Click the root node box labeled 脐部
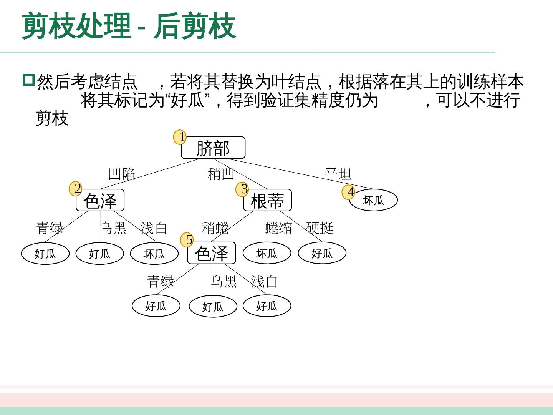[x=213, y=148]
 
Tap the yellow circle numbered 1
[x=180, y=137]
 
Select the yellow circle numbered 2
[x=76, y=189]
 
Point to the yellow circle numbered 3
[x=242, y=189]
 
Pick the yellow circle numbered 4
[x=349, y=192]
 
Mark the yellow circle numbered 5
[x=187, y=240]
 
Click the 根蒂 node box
[x=267, y=201]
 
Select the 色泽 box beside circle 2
[x=100, y=201]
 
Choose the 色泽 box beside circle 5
[x=211, y=253]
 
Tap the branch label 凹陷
[x=122, y=174]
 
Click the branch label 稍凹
[x=221, y=174]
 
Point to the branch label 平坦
[x=338, y=174]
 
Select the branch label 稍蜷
[x=215, y=228]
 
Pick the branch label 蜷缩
[x=279, y=228]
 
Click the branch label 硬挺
[x=320, y=228]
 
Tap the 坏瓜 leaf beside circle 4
[x=373, y=200]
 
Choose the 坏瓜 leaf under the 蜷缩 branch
[x=267, y=253]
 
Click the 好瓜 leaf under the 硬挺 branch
[x=322, y=253]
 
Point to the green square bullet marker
[x=28, y=80]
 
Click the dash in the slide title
[x=142, y=28]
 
